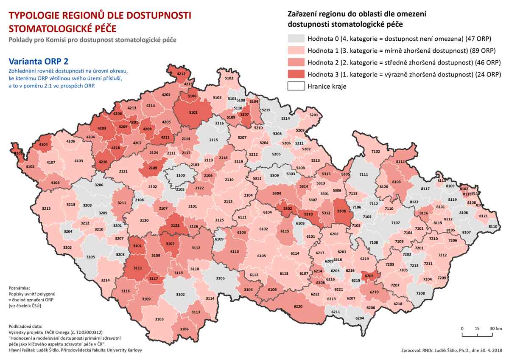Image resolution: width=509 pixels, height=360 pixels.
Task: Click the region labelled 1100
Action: pos(181,175)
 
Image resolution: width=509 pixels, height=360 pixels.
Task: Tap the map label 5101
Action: pos(193,113)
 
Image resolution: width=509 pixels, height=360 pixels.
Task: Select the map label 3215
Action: pos(46,208)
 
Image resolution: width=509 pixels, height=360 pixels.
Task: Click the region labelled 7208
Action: pos(420,293)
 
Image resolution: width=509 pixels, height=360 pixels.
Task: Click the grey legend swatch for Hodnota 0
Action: pos(295,39)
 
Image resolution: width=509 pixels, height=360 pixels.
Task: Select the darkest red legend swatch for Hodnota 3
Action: pos(295,74)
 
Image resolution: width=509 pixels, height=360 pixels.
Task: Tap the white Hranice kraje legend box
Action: pos(295,86)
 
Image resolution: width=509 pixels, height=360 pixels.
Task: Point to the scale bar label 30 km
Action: pos(496,329)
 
